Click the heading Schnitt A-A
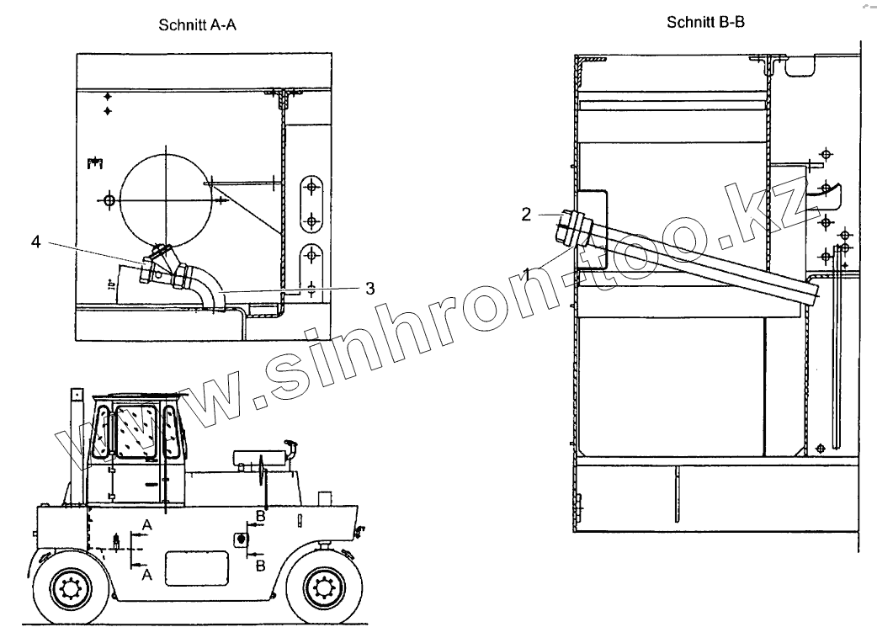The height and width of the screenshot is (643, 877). (x=198, y=25)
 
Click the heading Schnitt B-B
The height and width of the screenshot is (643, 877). (x=705, y=23)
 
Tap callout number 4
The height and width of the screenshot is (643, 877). (x=36, y=242)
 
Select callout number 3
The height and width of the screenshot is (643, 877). (x=369, y=289)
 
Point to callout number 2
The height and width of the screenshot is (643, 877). (x=526, y=214)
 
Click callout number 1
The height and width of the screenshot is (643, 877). (x=526, y=274)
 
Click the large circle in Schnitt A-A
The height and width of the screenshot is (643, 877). (x=166, y=200)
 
